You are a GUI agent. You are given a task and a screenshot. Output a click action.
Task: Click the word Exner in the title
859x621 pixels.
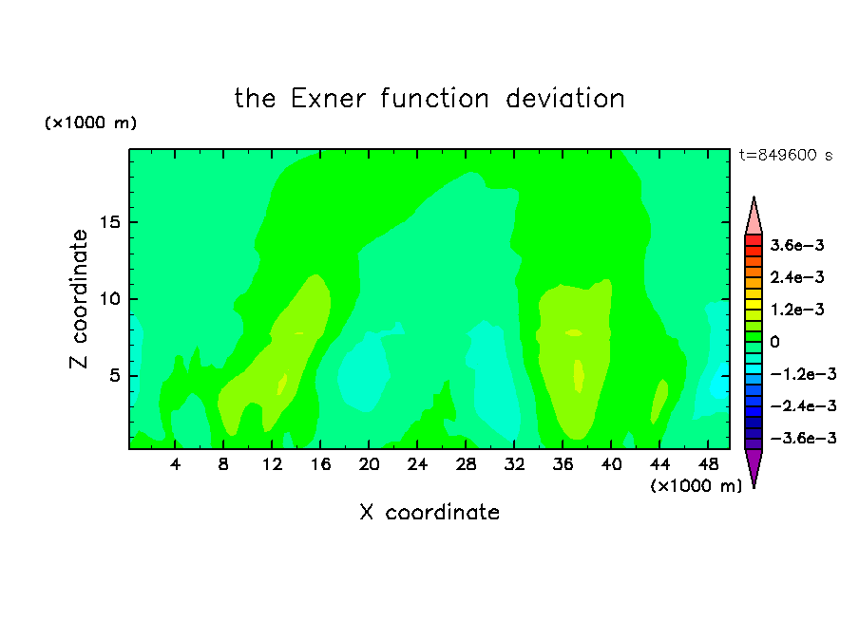coord(328,99)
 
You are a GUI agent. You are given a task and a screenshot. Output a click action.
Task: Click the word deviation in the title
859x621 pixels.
coord(564,99)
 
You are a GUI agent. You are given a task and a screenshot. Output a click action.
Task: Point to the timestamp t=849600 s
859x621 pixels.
coord(786,155)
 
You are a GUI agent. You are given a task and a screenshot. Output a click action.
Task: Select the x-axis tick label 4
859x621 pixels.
coord(175,464)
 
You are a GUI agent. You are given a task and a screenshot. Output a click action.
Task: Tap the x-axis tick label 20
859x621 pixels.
coord(369,464)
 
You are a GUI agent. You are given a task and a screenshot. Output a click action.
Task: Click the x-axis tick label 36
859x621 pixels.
coord(563,464)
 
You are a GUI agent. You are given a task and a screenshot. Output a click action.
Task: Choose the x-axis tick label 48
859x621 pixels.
coord(708,464)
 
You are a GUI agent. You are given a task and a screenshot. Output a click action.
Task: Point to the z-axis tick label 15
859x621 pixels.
coord(109,222)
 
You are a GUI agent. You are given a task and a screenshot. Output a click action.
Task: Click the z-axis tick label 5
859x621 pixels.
coord(114,376)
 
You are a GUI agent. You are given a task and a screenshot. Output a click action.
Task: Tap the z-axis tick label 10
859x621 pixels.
coord(109,299)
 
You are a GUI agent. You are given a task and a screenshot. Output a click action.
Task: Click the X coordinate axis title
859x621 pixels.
coord(429,512)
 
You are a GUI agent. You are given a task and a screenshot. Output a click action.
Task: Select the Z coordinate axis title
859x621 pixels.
coord(79,299)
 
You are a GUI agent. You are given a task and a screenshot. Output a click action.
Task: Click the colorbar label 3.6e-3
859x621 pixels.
coord(797,245)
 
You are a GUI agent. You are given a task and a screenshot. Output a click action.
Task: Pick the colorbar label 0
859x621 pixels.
coord(774,342)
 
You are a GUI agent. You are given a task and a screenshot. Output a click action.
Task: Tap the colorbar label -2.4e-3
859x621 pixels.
coord(803,405)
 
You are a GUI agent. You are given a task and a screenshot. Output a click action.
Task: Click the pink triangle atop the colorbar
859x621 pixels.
coord(754,216)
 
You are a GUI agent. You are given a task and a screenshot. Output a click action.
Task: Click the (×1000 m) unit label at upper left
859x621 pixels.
coord(90,122)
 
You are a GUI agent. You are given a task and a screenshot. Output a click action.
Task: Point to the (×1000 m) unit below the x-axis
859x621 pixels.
coord(696,486)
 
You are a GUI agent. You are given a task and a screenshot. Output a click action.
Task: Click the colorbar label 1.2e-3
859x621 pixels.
coord(797,310)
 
